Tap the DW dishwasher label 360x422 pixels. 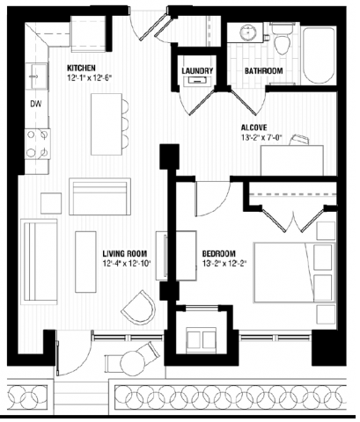(36, 103)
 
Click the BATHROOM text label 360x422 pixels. (263, 71)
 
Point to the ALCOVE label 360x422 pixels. (256, 126)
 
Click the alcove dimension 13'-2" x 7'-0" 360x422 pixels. (265, 138)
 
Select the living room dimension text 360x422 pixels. (127, 263)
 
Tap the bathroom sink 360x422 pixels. (244, 37)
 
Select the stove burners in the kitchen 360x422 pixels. (36, 142)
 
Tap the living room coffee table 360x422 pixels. (85, 254)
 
